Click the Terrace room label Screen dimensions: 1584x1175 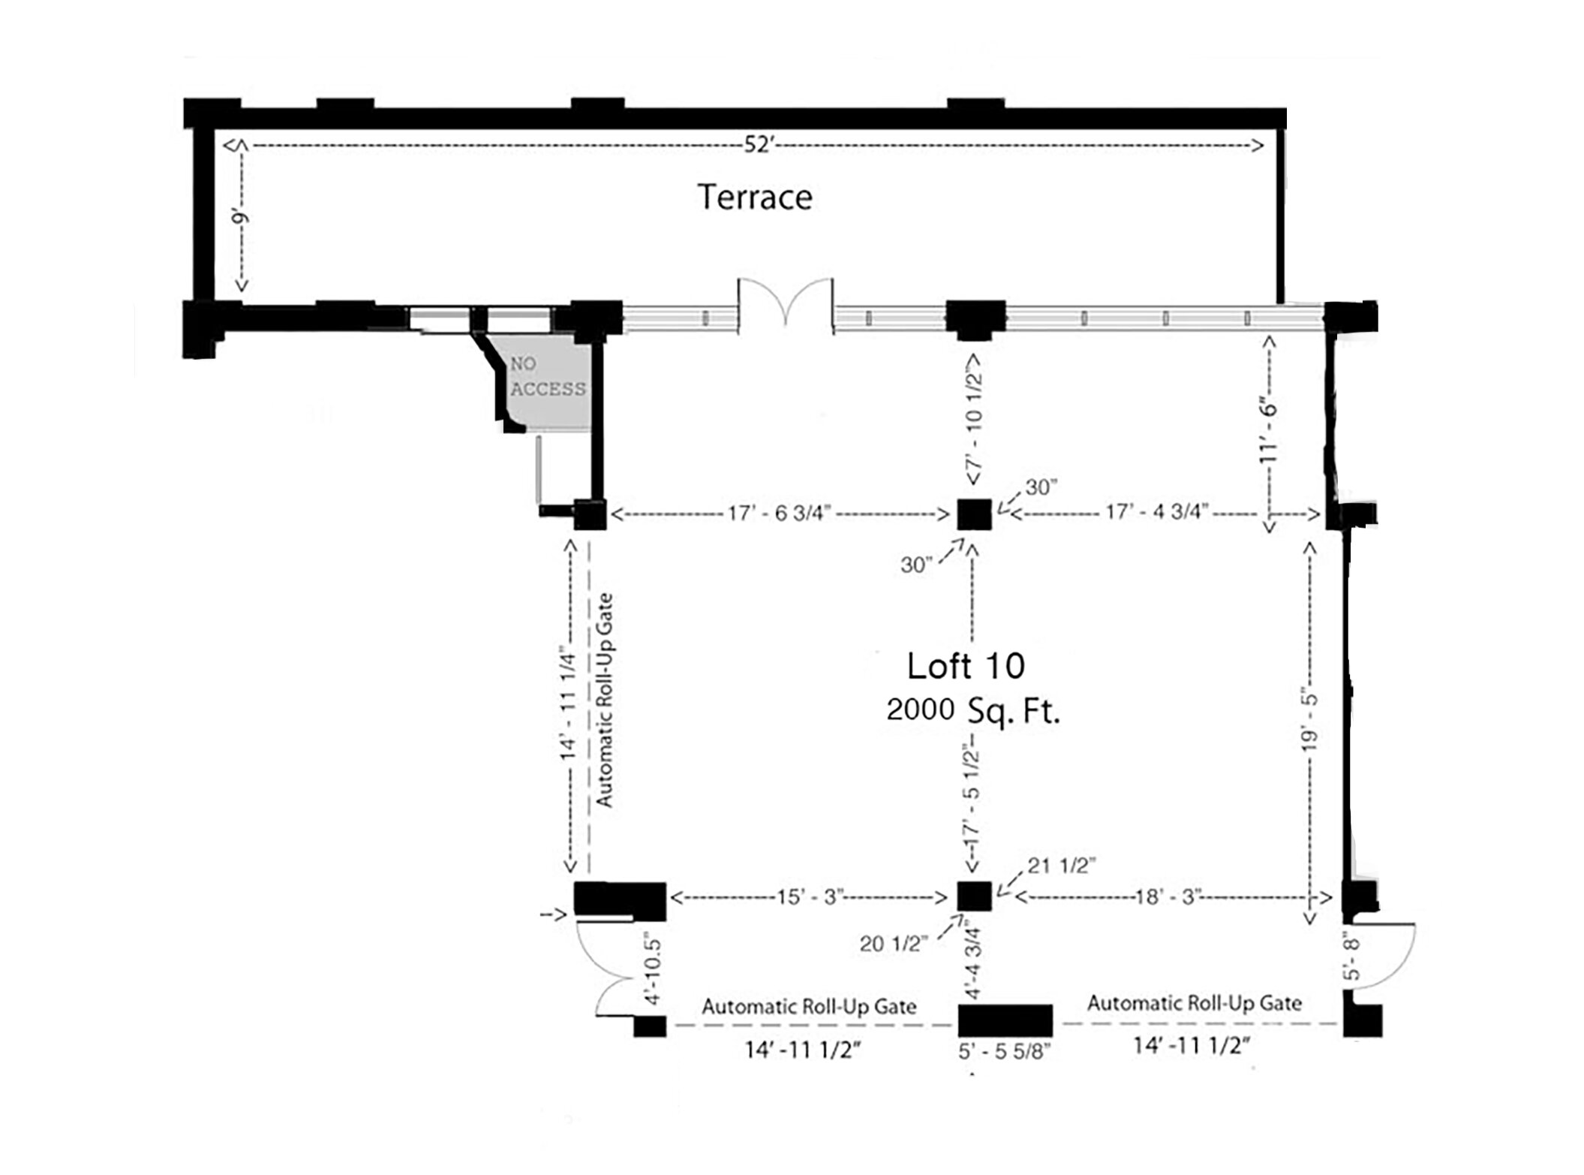755,197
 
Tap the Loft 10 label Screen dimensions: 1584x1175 966,666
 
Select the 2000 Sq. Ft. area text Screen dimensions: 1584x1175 973,710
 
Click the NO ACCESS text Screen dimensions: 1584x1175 548,376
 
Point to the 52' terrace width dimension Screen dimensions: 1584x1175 758,145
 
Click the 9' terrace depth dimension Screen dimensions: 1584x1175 239,218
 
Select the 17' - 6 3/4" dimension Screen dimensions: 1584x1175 779,514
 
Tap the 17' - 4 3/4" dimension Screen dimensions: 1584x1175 1156,512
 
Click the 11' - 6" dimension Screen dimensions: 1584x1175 1268,430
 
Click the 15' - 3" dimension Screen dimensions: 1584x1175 810,897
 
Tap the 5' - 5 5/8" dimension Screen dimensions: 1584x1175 1004,1051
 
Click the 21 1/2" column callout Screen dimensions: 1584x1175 1061,866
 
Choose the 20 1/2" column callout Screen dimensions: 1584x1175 894,943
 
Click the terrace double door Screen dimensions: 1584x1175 786,303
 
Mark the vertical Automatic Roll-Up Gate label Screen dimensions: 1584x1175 605,700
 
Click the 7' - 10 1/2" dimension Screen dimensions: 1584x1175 974,420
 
